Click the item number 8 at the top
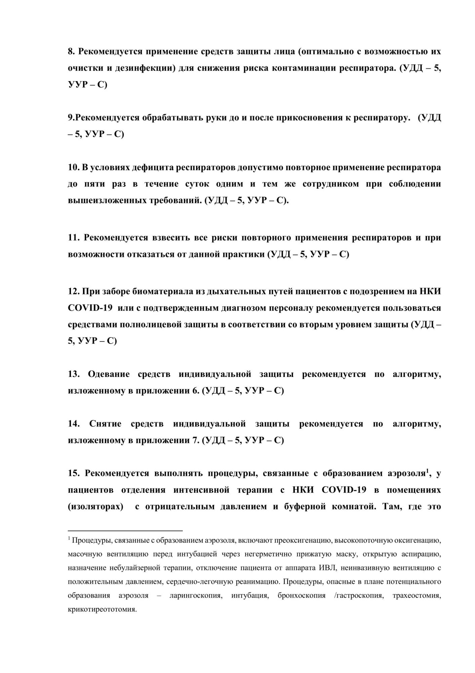(71, 51)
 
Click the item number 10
(73, 168)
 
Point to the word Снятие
(105, 424)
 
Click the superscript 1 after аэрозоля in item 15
(428, 471)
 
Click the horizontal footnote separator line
(125, 531)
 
